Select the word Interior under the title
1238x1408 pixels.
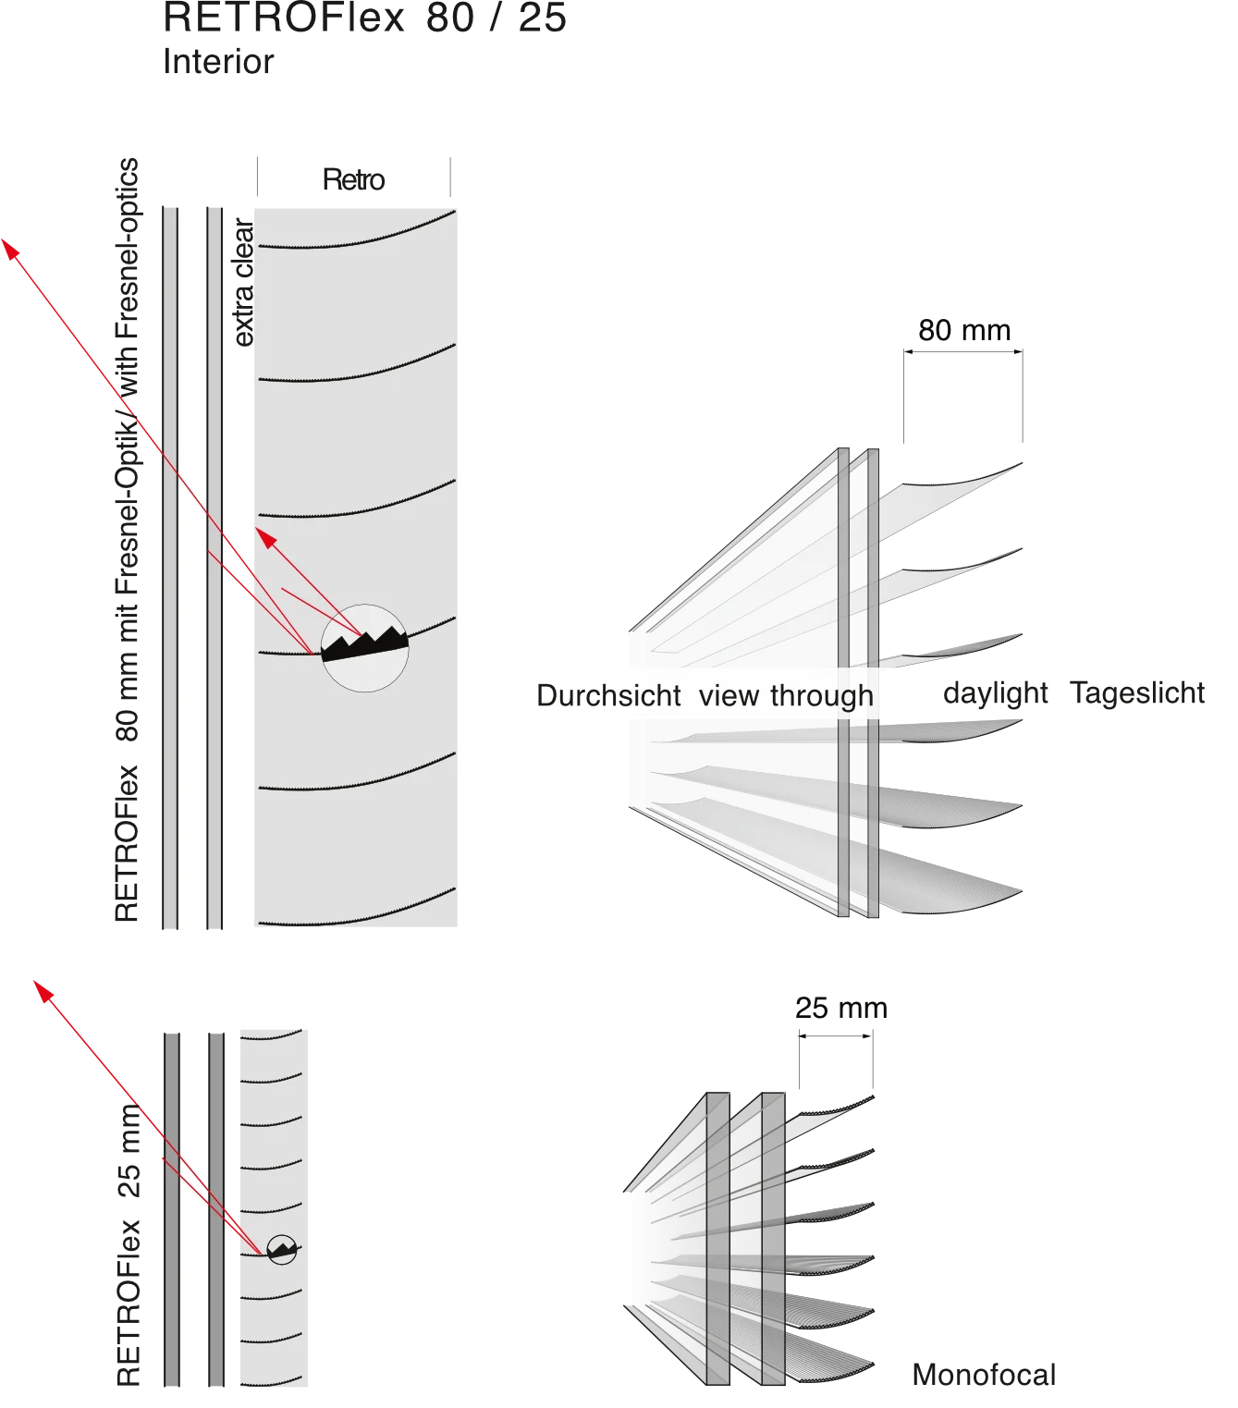click(218, 62)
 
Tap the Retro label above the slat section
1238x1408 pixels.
click(353, 179)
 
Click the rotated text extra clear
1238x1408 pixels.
click(243, 282)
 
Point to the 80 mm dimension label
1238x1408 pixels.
click(964, 331)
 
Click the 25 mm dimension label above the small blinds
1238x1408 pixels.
click(841, 1008)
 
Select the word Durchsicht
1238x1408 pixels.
click(608, 695)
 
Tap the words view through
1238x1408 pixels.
click(786, 695)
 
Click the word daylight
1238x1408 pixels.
click(995, 693)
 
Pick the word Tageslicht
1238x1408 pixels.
click(1136, 693)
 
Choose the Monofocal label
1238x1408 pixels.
click(984, 1375)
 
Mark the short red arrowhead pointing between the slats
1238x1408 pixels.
click(264, 537)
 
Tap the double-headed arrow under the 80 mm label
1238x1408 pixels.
click(962, 351)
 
